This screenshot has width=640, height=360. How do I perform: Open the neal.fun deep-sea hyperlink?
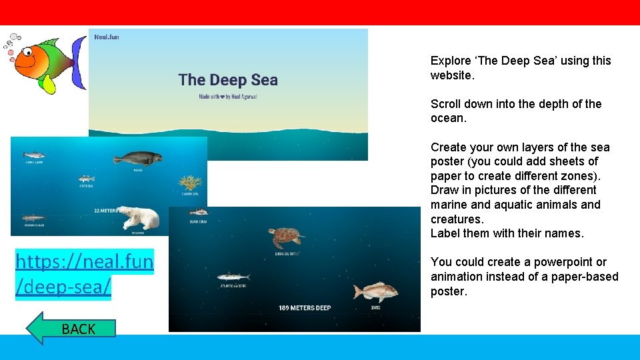coord(84,273)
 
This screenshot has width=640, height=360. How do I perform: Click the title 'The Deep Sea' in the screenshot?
coord(228,80)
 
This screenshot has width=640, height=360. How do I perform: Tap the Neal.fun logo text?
coord(107,37)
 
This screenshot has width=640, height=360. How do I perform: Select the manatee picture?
coord(137,159)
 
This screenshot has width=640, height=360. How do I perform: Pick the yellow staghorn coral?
coord(190,183)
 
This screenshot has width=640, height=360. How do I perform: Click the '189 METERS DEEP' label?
coord(305,308)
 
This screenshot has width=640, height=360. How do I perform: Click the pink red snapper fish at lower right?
coord(375,291)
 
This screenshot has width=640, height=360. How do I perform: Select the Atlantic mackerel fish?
coord(233,277)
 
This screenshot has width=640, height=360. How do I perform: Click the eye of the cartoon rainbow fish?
coord(29,51)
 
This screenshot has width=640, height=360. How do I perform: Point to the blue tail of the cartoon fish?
coord(79,63)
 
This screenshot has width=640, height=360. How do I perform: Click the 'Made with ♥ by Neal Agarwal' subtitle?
coord(228,97)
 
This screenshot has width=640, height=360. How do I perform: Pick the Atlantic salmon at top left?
coord(34,154)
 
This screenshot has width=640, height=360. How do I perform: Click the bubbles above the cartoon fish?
coord(13,41)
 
